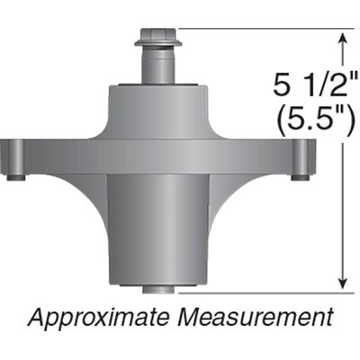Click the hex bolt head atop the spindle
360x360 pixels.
pyautogui.click(x=157, y=39)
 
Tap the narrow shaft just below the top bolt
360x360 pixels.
pyautogui.click(x=157, y=65)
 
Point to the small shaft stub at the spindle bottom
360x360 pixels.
pyautogui.click(x=157, y=289)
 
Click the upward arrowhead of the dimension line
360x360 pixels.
pyautogui.click(x=342, y=39)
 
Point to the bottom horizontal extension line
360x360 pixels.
pyautogui.click(x=261, y=292)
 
